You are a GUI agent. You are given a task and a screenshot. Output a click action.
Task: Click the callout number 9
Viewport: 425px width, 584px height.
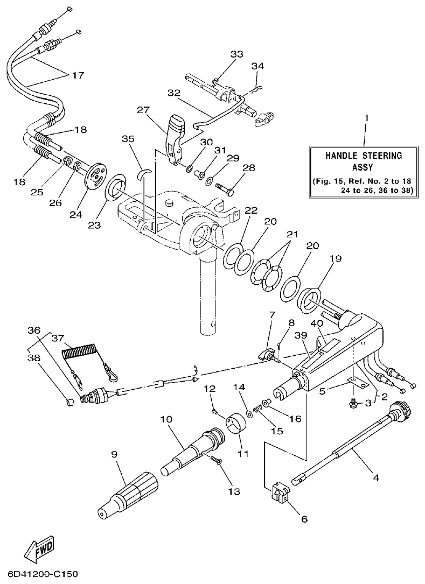[x=114, y=454]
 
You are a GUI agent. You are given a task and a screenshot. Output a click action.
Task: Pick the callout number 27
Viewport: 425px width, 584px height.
[x=142, y=110]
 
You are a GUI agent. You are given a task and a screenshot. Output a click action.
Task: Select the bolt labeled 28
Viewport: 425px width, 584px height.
[x=226, y=188]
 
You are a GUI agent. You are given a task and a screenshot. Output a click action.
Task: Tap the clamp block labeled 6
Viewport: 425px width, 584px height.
[x=279, y=492]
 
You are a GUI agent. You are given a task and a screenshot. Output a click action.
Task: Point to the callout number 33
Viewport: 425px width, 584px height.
[x=237, y=54]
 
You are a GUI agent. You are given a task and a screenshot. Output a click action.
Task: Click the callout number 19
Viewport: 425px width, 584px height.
[x=336, y=259]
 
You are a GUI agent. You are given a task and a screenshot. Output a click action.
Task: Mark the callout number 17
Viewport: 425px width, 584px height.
[x=78, y=75]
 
